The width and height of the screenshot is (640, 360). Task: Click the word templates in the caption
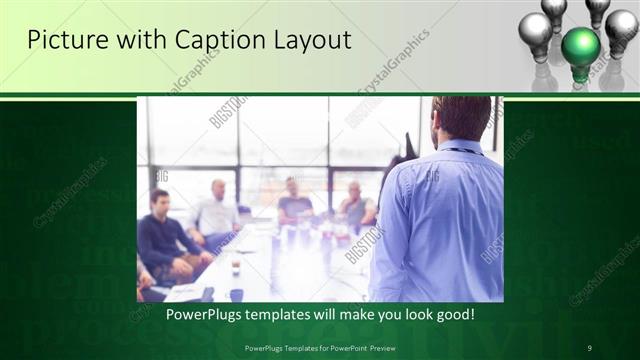(x=286, y=315)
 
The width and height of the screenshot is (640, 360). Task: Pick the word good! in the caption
(x=453, y=315)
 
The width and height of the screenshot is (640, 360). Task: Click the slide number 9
(x=590, y=347)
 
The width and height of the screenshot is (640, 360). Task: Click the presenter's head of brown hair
(x=462, y=115)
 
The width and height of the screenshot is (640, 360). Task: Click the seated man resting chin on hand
(x=354, y=205)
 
